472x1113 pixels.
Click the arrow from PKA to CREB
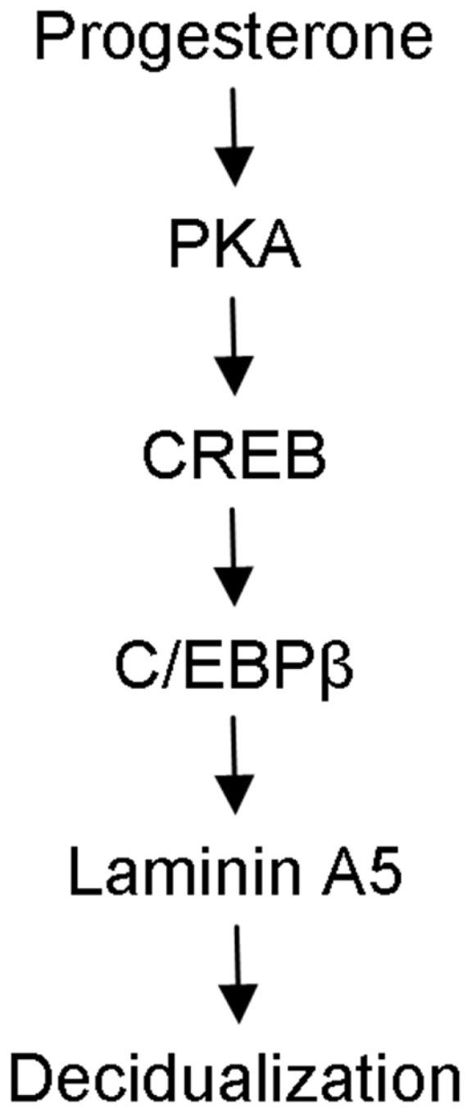click(237, 344)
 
